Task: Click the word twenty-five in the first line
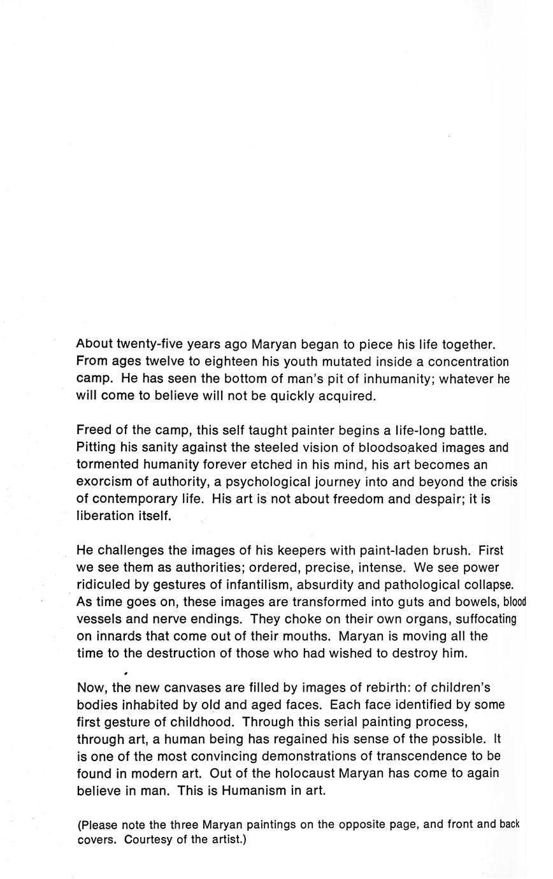[x=147, y=345]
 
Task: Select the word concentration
[x=468, y=362]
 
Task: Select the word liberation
[x=106, y=516]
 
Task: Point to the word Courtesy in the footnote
[x=148, y=840]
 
